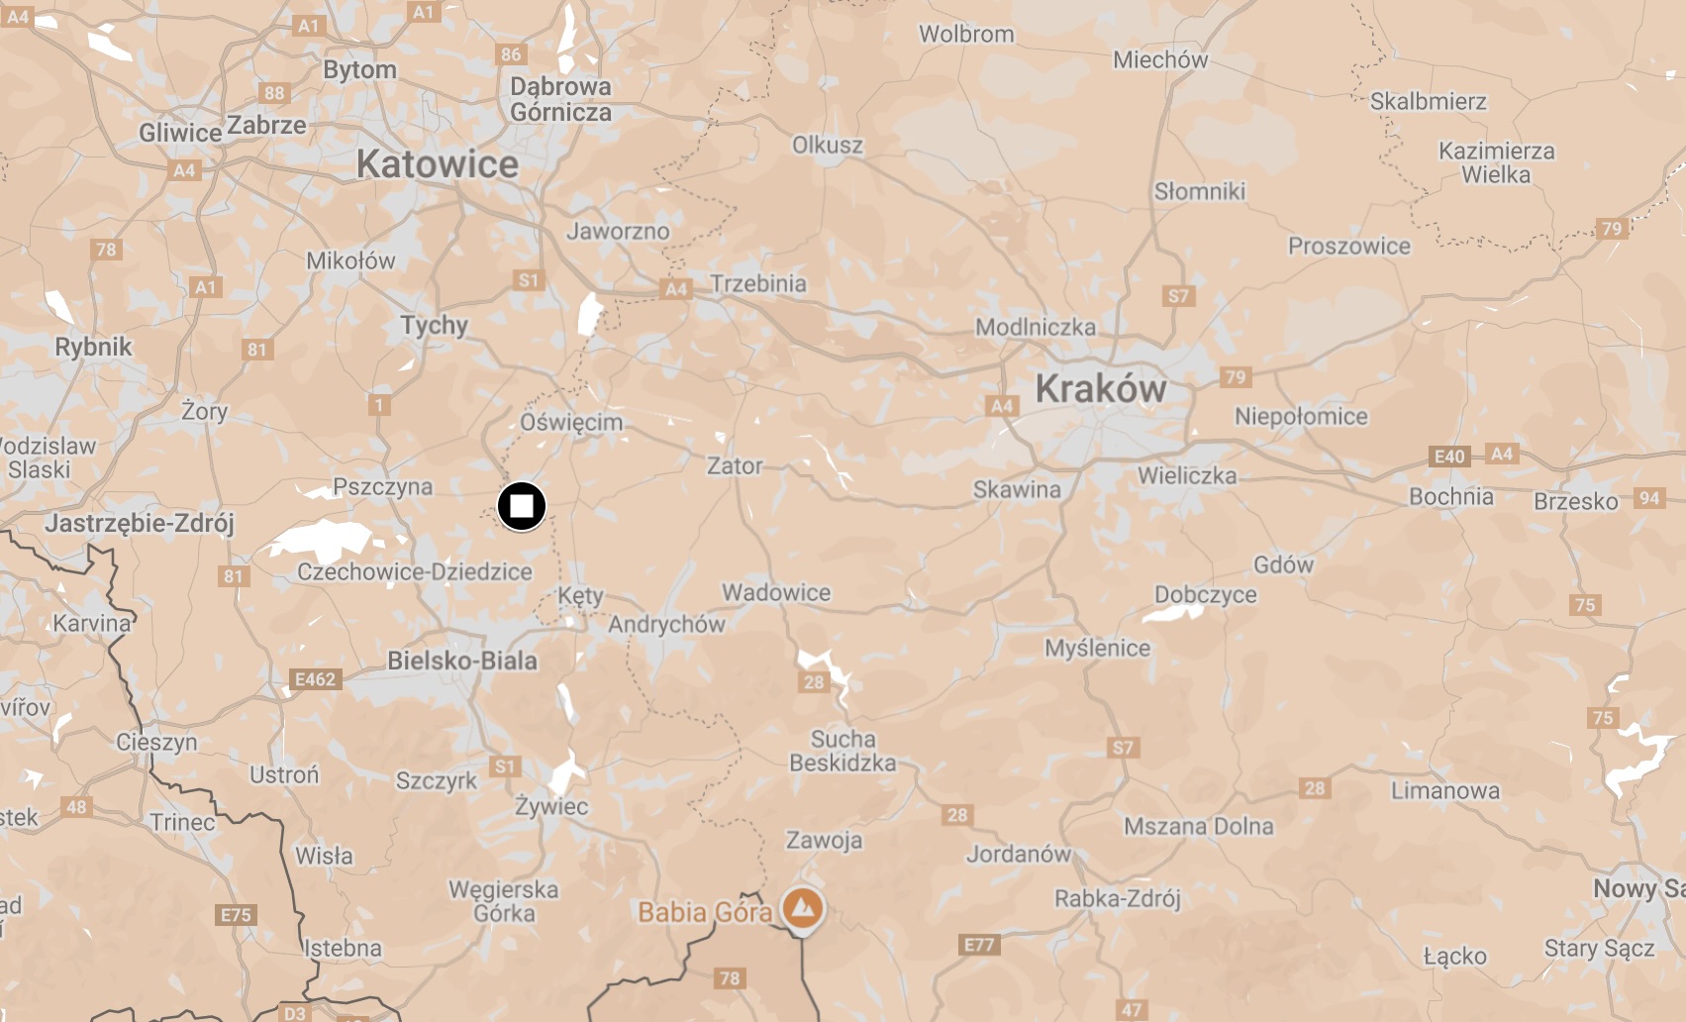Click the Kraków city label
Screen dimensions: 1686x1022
click(x=1100, y=389)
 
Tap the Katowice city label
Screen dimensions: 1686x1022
click(x=437, y=164)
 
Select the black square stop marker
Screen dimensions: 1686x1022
click(x=521, y=506)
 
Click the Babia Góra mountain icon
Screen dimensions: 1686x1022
click(x=802, y=906)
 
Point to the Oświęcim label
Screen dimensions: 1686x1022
click(x=571, y=422)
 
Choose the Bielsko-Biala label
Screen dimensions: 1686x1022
click(x=462, y=661)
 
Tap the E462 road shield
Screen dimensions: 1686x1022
click(x=315, y=679)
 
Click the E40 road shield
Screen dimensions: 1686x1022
click(x=1449, y=457)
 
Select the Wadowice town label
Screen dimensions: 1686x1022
click(x=776, y=593)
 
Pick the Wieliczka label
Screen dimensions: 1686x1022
click(x=1187, y=476)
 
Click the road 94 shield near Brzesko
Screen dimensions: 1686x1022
click(x=1648, y=498)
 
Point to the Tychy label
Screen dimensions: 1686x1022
click(x=434, y=325)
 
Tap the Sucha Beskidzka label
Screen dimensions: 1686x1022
click(x=843, y=751)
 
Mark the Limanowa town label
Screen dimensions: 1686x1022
click(x=1444, y=791)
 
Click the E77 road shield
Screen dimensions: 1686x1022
click(x=979, y=945)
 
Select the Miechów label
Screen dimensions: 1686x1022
click(x=1160, y=60)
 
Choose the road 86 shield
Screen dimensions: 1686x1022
click(x=511, y=54)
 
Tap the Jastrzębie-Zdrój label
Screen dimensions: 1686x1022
click(x=140, y=523)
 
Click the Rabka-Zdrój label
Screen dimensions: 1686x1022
click(x=1117, y=899)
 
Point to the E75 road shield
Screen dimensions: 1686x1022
click(x=236, y=915)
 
